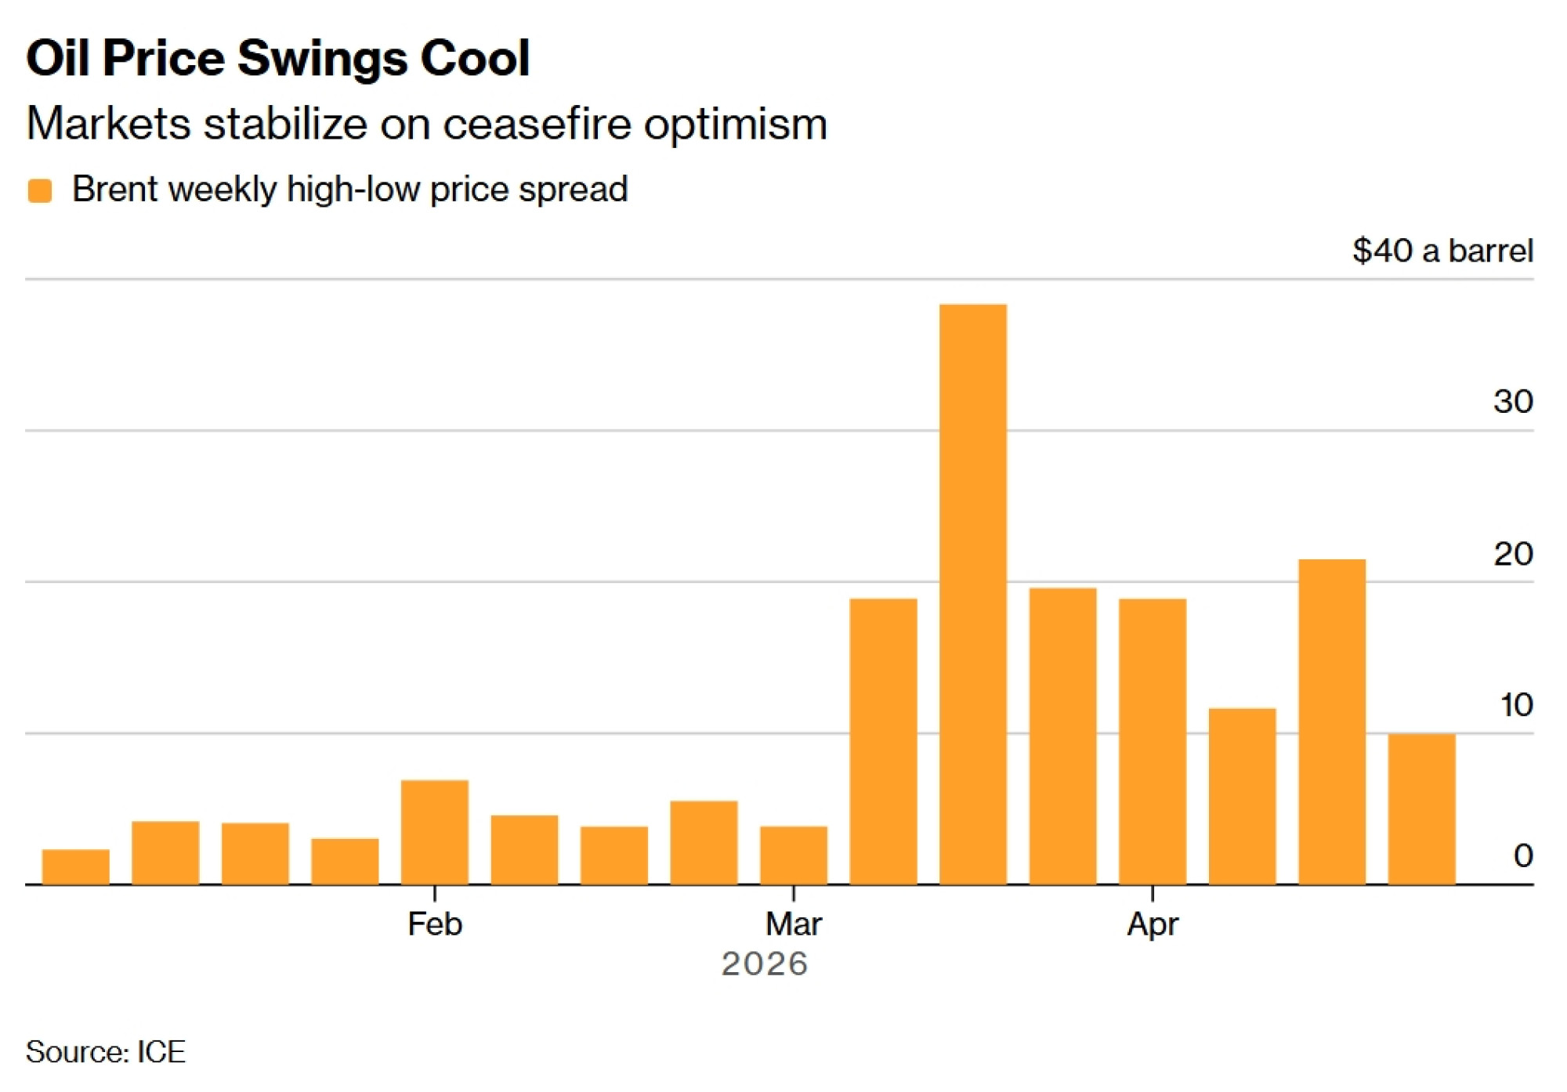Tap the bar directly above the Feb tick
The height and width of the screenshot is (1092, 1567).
coord(434,832)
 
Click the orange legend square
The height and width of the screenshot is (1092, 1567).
coord(40,190)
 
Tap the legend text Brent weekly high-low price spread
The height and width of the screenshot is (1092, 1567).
coord(349,190)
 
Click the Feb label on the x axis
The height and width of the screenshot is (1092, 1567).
coord(435,924)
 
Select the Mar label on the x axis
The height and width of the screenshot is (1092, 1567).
coord(793,924)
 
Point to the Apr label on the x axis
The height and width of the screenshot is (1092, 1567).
coord(1152,924)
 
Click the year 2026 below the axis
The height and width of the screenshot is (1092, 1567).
coord(764,964)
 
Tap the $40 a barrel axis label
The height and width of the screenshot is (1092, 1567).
coord(1442,251)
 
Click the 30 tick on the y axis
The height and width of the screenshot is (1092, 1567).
coord(1512,402)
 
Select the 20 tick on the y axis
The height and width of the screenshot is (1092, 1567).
coord(1512,554)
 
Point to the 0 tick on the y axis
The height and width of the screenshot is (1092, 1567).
coord(1522,855)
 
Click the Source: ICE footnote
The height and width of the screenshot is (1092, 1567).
coord(106,1051)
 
